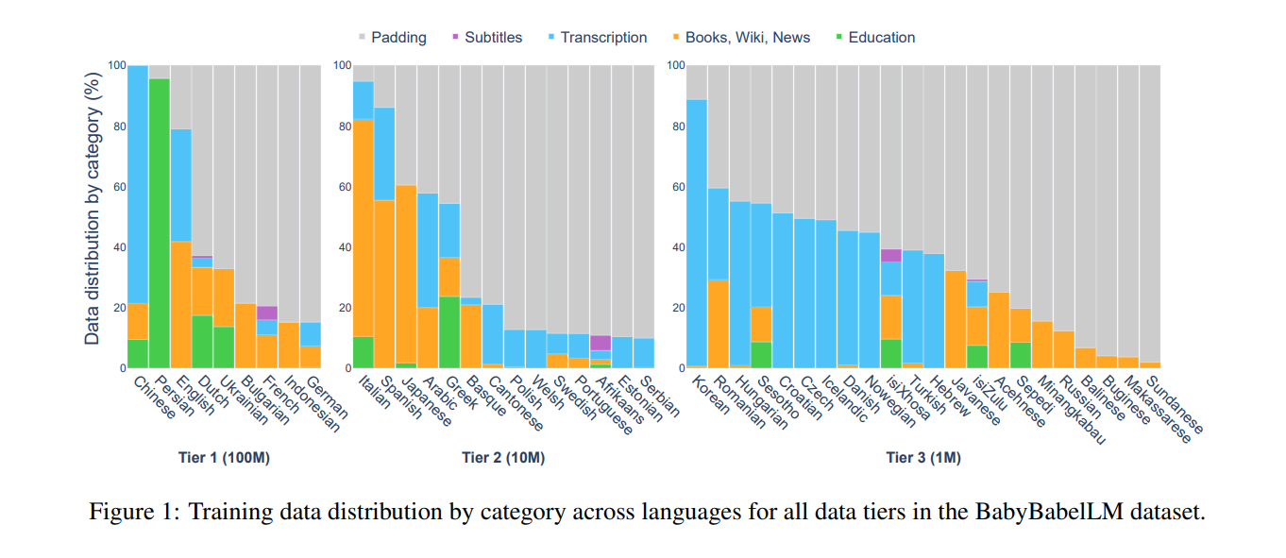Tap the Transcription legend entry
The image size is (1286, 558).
[x=603, y=38]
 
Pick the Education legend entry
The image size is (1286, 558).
[x=881, y=38]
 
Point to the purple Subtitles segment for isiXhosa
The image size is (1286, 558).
[x=890, y=255]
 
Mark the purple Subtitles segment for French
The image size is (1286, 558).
[x=267, y=313]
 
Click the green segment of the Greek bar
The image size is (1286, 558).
[x=449, y=331]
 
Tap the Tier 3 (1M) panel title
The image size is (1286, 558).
[x=922, y=458]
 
